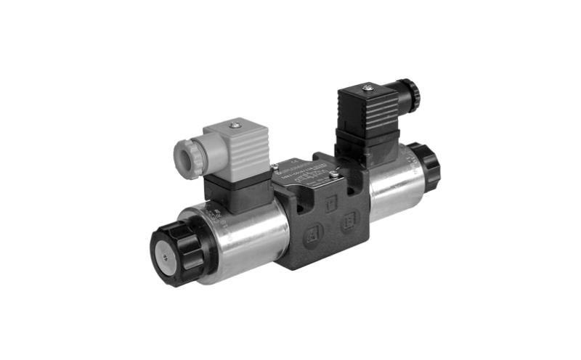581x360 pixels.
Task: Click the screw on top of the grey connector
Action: click(234, 125)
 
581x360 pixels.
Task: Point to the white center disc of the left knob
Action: click(163, 256)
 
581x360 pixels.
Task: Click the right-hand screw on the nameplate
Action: click(333, 174)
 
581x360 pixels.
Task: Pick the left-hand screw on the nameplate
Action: click(276, 168)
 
